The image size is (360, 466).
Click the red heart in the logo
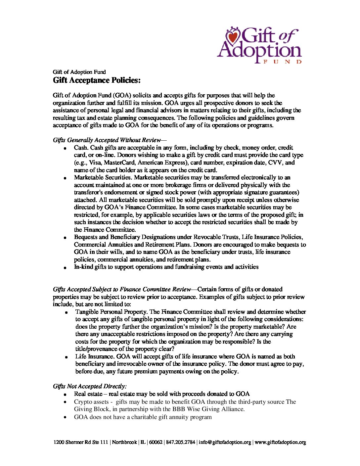(x=234, y=37)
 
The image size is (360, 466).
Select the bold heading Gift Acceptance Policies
(x=97, y=80)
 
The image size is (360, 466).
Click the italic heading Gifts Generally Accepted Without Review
(x=107, y=140)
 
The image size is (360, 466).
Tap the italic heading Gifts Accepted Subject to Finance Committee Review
(x=122, y=289)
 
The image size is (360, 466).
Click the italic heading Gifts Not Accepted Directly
(x=90, y=386)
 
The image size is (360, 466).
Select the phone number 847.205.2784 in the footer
(x=181, y=442)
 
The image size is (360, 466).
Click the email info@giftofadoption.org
(x=225, y=442)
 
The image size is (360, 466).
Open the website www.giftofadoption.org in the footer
(x=280, y=442)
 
